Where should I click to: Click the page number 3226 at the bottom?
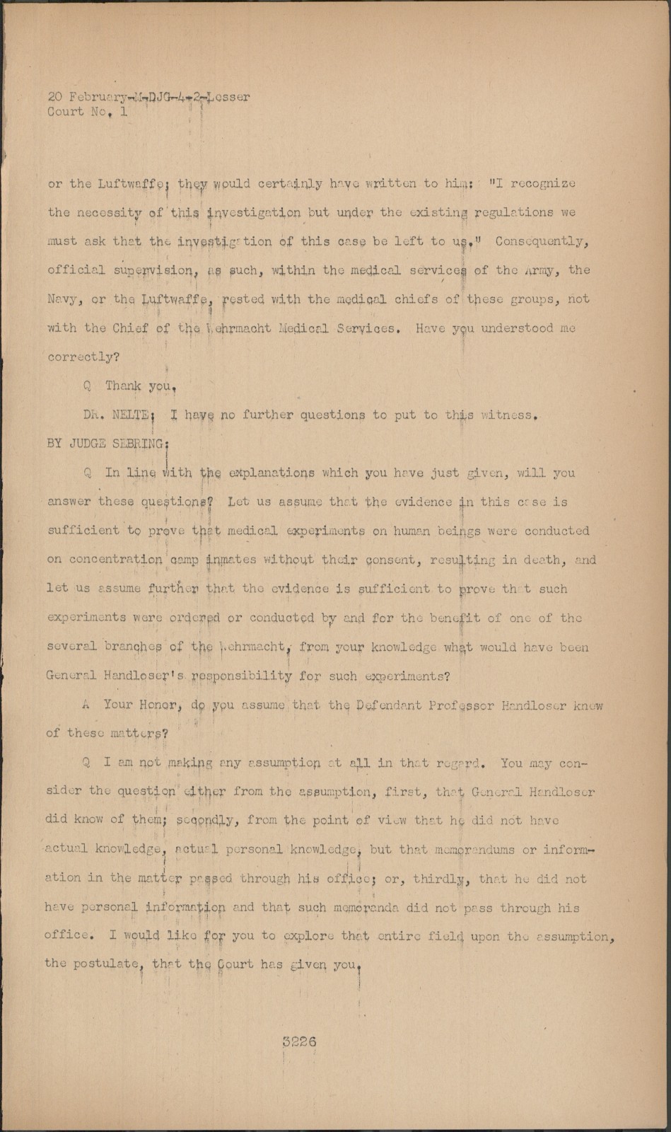[299, 1041]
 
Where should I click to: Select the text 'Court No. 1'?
[88, 112]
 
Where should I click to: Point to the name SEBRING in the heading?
[136, 444]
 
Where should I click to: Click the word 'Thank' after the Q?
[123, 386]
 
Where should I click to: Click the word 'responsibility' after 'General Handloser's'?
[241, 676]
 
